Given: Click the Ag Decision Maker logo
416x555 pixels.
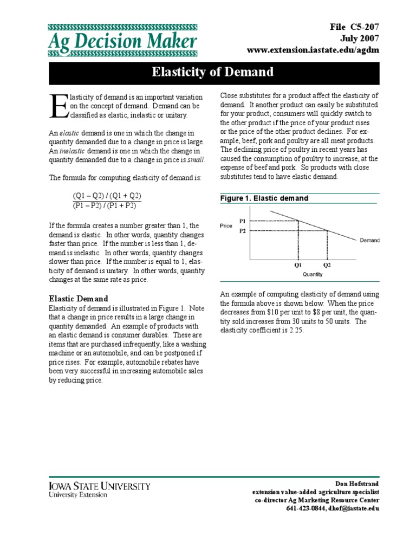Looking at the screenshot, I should click(x=123, y=41).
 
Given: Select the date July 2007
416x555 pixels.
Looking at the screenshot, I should click(x=360, y=38).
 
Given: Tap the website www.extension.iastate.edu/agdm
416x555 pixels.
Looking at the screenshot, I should click(x=313, y=50).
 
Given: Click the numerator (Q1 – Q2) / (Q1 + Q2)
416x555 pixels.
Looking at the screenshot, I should click(x=107, y=196).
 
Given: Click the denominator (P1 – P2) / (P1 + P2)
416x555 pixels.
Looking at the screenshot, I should click(x=104, y=205).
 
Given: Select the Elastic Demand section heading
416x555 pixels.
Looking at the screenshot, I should click(x=79, y=299).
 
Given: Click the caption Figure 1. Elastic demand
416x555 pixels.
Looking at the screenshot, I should click(x=264, y=198).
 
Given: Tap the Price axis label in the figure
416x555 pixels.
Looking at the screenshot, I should click(x=226, y=225).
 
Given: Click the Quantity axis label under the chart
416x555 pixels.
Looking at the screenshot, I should click(x=313, y=274).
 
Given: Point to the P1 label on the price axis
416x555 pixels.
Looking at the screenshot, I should click(x=242, y=221).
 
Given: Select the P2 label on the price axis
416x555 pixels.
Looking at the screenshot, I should click(x=242, y=230).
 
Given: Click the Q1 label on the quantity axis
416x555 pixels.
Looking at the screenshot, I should click(x=298, y=266).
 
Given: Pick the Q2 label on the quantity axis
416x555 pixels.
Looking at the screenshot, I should click(x=327, y=266).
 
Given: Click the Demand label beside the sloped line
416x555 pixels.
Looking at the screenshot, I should click(x=369, y=240).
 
